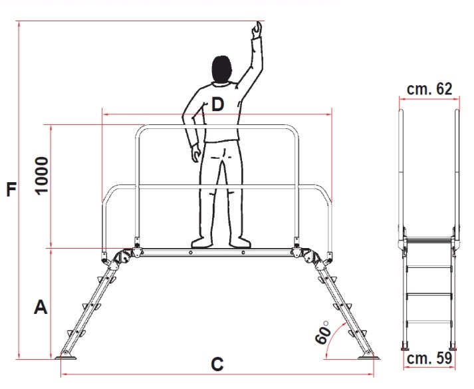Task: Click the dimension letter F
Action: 11,189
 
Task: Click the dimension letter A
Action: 41,307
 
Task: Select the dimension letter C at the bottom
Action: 217,364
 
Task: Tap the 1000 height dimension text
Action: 42,176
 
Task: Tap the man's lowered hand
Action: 196,154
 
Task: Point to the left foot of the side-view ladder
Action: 404,346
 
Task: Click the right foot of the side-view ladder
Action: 453,346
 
